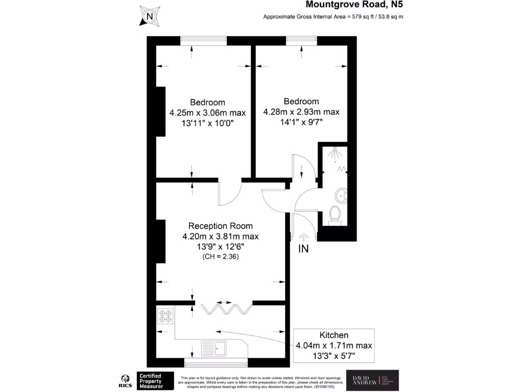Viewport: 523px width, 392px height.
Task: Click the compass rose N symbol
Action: [x=149, y=16]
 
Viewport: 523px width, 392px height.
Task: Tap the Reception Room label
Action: [x=220, y=226]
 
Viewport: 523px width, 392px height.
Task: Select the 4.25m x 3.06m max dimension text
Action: [x=207, y=113]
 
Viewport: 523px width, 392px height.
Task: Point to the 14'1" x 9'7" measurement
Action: [x=301, y=122]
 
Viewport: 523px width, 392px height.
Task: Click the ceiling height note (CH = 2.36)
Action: [x=220, y=257]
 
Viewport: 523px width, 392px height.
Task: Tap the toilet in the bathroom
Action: [x=336, y=214]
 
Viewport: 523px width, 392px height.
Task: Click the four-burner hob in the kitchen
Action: [x=165, y=316]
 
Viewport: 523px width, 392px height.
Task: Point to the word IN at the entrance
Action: [x=304, y=249]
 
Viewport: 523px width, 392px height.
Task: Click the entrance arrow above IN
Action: [x=303, y=237]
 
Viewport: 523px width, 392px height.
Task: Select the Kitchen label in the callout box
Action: [x=334, y=335]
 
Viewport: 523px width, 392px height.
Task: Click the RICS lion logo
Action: [x=123, y=380]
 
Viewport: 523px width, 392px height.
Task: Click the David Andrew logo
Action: [x=372, y=381]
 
